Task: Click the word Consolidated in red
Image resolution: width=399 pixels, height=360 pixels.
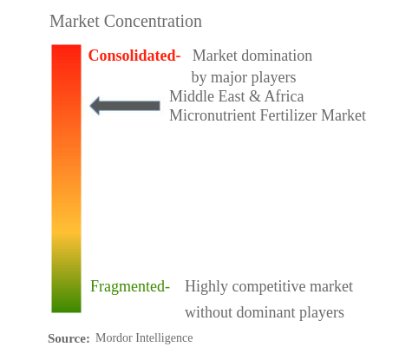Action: (x=133, y=56)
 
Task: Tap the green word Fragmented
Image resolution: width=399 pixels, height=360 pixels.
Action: (x=128, y=286)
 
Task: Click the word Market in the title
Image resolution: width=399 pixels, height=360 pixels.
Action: (x=75, y=21)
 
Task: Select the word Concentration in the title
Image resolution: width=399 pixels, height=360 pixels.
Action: (x=153, y=21)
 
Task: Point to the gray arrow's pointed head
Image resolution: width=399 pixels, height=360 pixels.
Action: (x=90, y=106)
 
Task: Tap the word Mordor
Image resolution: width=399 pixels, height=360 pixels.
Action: (x=114, y=337)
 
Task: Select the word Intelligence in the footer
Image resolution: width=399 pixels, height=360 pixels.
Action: (x=165, y=337)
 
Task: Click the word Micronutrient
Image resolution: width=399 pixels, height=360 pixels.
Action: (x=213, y=115)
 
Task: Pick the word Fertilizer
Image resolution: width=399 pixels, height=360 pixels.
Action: (x=289, y=115)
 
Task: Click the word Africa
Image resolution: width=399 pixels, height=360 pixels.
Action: (x=285, y=96)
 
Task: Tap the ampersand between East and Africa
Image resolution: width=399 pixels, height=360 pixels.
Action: (x=255, y=96)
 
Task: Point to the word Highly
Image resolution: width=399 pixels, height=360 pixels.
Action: (x=206, y=286)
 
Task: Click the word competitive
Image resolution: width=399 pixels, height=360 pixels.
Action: (x=269, y=286)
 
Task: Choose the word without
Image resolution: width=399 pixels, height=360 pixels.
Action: (x=209, y=312)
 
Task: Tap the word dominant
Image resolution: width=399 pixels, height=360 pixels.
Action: (x=266, y=312)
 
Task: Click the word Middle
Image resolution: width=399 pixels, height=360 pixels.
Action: (x=192, y=96)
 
